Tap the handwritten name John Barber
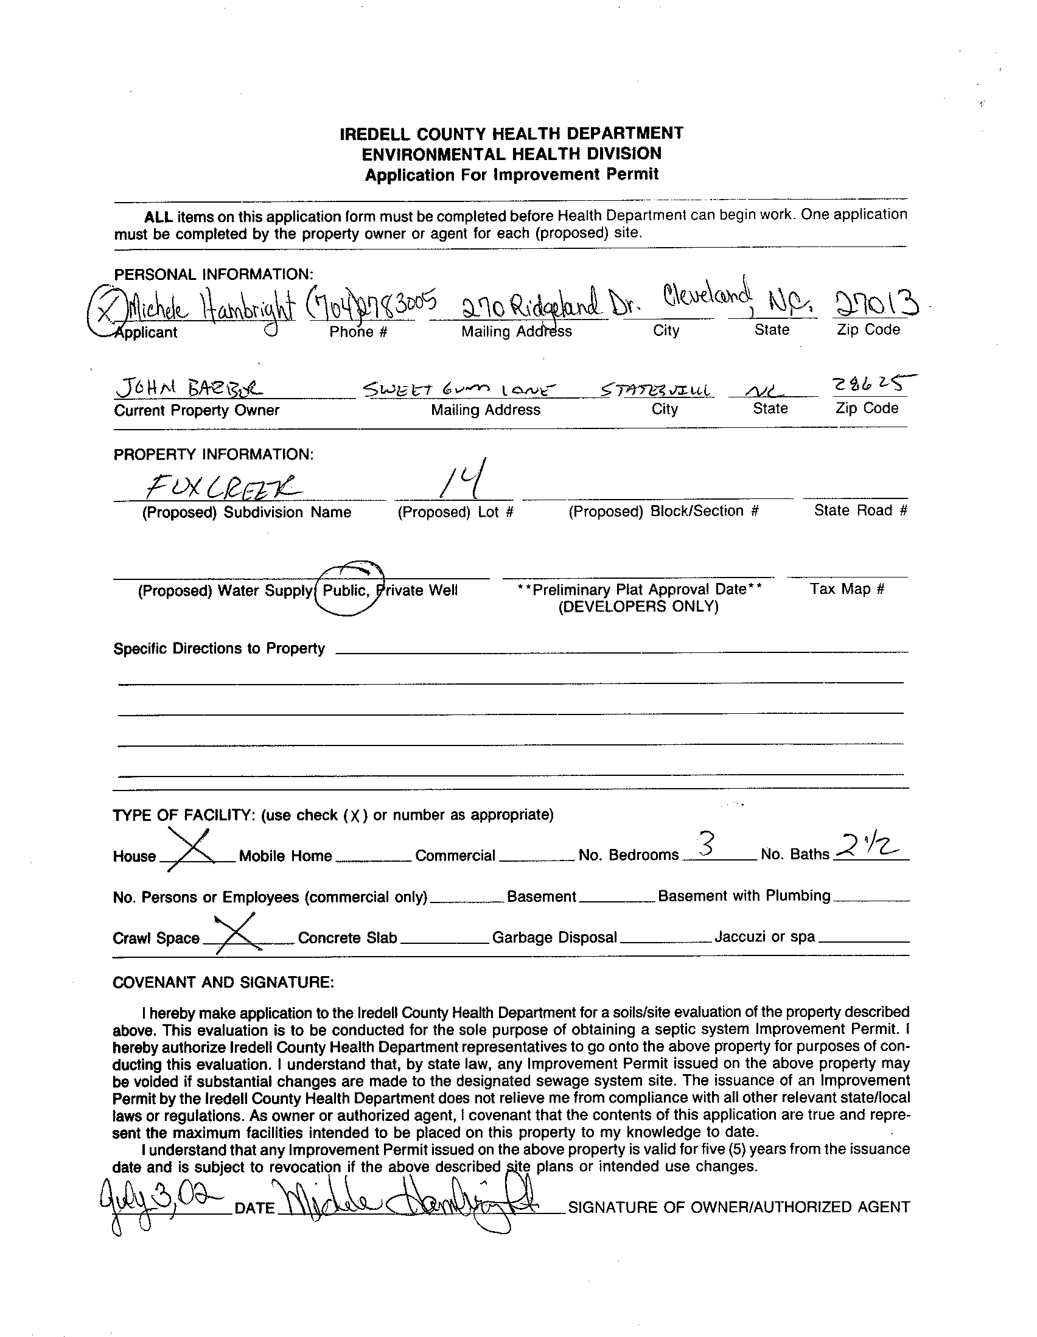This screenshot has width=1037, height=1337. (189, 387)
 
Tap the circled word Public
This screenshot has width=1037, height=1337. (345, 590)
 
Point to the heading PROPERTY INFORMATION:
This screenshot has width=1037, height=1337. (214, 454)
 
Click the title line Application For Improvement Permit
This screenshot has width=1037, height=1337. (511, 175)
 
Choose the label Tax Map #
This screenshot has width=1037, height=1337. (847, 589)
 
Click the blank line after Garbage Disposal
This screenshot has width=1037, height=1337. (665, 939)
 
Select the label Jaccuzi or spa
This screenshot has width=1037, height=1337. (764, 937)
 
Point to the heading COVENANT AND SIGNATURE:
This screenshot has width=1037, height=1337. (223, 982)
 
